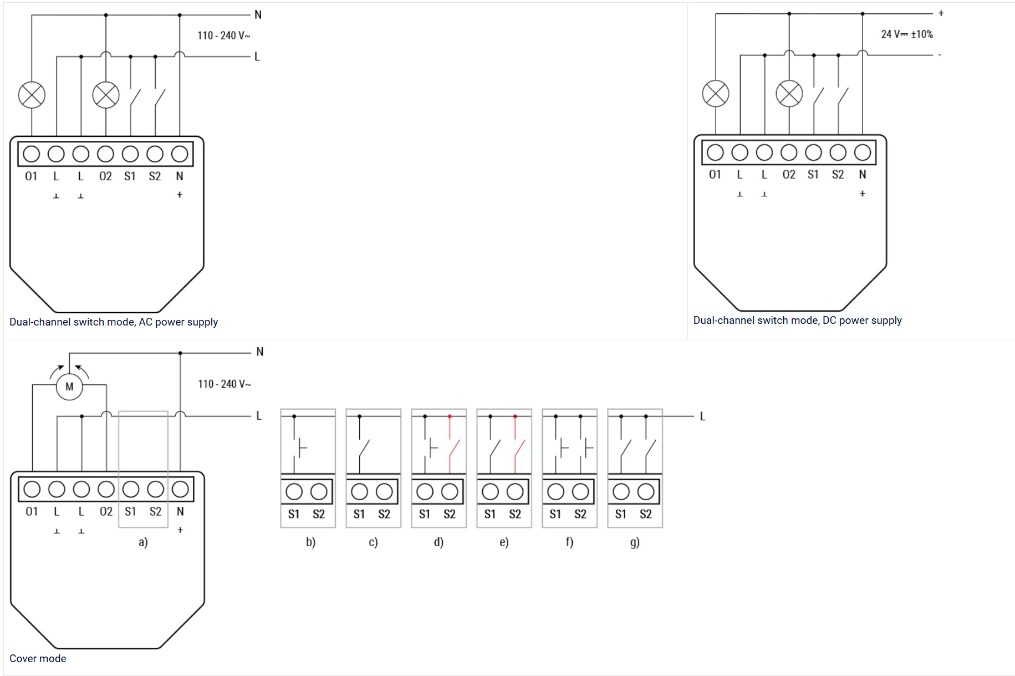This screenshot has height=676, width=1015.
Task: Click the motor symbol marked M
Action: click(x=69, y=387)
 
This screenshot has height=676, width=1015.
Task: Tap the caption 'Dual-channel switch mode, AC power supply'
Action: click(x=114, y=322)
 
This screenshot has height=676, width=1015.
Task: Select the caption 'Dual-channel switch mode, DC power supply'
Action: click(x=797, y=320)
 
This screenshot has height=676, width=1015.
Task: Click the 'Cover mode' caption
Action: click(x=38, y=658)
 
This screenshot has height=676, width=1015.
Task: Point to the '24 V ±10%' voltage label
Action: click(x=906, y=34)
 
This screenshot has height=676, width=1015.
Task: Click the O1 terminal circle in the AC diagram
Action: click(x=32, y=154)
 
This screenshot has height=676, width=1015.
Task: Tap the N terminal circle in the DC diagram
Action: click(x=862, y=152)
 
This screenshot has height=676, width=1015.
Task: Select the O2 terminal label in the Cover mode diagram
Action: click(x=106, y=511)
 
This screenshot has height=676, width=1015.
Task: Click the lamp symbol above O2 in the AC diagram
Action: click(x=105, y=95)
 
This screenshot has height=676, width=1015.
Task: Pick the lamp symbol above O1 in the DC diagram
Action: click(x=715, y=93)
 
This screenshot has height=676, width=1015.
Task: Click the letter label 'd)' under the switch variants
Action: click(x=438, y=542)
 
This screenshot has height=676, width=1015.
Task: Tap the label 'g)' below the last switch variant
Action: click(x=635, y=542)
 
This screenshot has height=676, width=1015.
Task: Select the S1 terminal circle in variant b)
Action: click(x=294, y=491)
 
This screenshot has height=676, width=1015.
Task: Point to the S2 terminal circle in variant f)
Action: click(x=580, y=491)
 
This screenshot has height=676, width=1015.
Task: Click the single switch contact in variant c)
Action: click(x=364, y=448)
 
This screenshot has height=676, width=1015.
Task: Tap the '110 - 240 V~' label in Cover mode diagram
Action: click(x=224, y=384)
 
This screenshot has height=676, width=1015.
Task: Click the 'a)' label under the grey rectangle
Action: click(x=143, y=542)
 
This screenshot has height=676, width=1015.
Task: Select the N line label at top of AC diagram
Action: click(x=258, y=15)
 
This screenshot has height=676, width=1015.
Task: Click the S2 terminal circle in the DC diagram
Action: click(x=838, y=152)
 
